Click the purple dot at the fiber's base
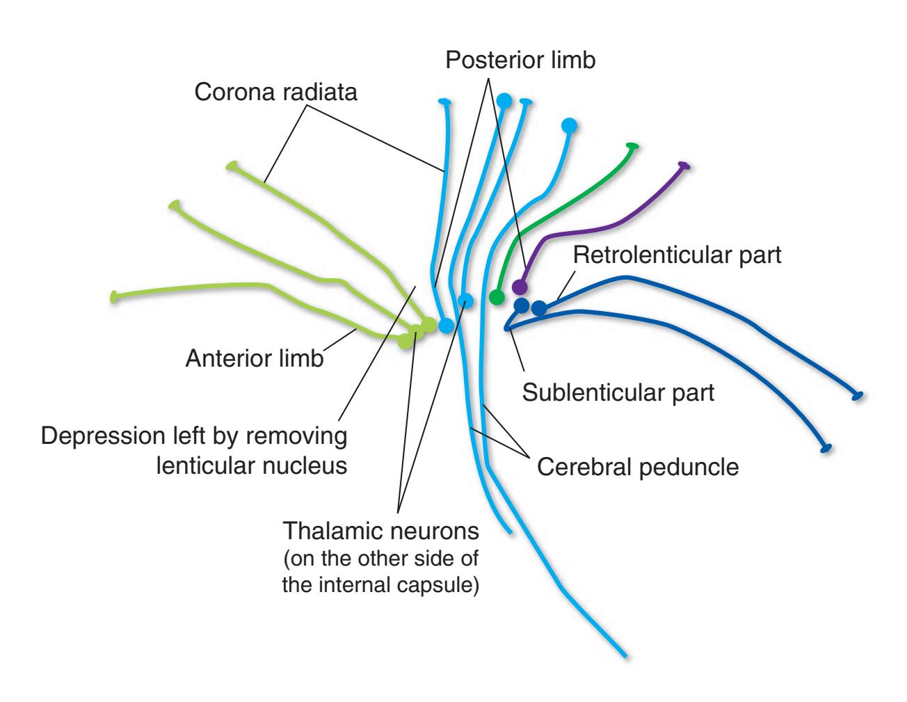pyautogui.click(x=519, y=287)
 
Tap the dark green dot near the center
pyautogui.click(x=496, y=298)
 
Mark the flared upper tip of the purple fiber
pyautogui.click(x=684, y=166)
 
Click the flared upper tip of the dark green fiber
pyautogui.click(x=632, y=146)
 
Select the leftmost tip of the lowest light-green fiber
pyautogui.click(x=115, y=297)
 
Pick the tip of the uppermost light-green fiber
pyautogui.click(x=232, y=166)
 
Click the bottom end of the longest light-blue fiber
pyautogui.click(x=626, y=655)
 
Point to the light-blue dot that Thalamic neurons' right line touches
pyautogui.click(x=465, y=301)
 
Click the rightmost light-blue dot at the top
pyautogui.click(x=569, y=126)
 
